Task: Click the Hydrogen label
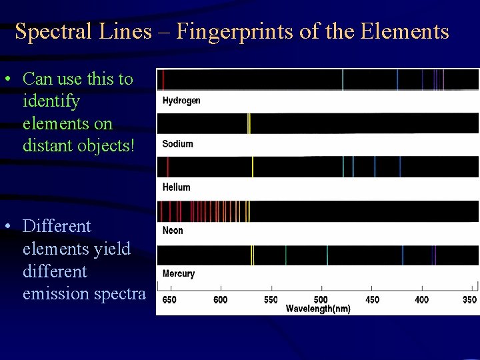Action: (x=181, y=101)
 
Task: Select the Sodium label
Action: (x=178, y=144)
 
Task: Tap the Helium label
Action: (x=177, y=187)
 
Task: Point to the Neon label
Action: (x=173, y=231)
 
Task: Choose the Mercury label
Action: (x=179, y=274)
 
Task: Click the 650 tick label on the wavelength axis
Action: (x=169, y=300)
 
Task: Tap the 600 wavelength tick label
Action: (x=220, y=300)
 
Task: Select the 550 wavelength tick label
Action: (x=271, y=300)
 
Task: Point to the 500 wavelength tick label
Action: (x=321, y=300)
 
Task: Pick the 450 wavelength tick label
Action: (x=372, y=300)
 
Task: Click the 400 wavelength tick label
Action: (x=422, y=300)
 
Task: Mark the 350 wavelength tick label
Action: (x=470, y=300)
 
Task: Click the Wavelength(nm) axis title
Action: (x=318, y=309)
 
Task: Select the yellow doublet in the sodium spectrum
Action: (x=249, y=123)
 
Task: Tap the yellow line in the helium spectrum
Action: (x=253, y=167)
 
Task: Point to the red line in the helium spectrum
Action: (x=168, y=167)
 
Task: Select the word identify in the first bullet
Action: (x=51, y=101)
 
